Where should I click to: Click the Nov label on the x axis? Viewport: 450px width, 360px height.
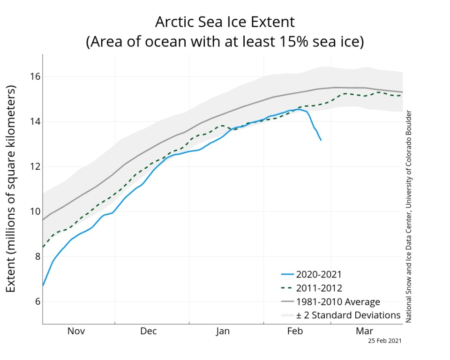pyautogui.click(x=76, y=331)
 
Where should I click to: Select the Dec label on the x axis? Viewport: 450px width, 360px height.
pyautogui.click(x=148, y=331)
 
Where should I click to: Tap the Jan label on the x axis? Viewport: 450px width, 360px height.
pyautogui.click(x=223, y=331)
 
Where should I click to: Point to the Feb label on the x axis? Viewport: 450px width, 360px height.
pyautogui.click(x=295, y=331)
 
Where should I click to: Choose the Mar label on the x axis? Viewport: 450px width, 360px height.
pyautogui.click(x=364, y=331)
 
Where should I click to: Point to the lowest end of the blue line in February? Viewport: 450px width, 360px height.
pyautogui.click(x=321, y=140)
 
